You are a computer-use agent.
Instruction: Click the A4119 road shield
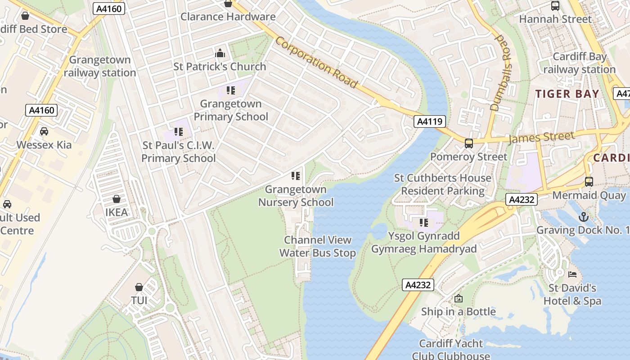click(x=430, y=121)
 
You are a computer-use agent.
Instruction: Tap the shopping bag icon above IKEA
click(x=117, y=199)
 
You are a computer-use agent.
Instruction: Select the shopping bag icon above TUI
click(x=139, y=287)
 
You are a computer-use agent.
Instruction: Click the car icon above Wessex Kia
click(x=44, y=131)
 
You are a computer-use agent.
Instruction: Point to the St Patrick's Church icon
click(x=220, y=53)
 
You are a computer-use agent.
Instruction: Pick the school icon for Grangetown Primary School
click(x=231, y=90)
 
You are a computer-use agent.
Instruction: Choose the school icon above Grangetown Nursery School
click(x=296, y=175)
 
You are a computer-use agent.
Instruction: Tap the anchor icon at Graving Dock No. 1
click(x=583, y=217)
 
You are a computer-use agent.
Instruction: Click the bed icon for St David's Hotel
click(x=572, y=274)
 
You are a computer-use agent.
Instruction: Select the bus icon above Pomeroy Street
click(x=468, y=144)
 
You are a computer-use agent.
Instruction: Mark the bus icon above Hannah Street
click(x=555, y=6)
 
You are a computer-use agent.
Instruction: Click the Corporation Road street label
click(x=316, y=63)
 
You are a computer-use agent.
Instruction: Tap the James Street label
click(x=541, y=137)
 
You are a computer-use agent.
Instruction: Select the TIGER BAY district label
click(x=567, y=94)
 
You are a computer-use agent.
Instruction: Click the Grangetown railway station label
click(x=100, y=66)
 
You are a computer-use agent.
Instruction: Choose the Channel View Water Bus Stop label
click(x=318, y=246)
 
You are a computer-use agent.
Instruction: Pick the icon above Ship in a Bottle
click(x=458, y=298)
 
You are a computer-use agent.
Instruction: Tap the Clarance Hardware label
click(x=228, y=17)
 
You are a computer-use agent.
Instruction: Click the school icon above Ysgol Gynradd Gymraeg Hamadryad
click(x=423, y=222)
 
